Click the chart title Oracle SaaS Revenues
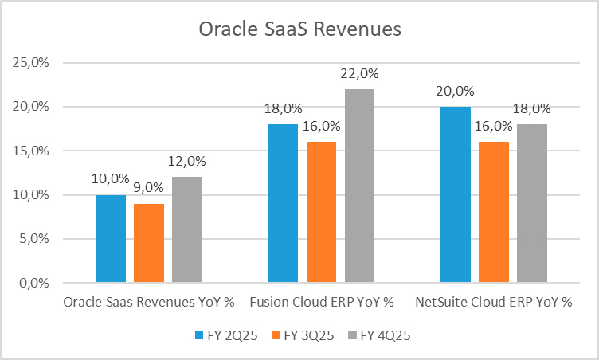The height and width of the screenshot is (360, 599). pos(299,30)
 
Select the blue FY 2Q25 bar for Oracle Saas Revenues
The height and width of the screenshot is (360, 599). pos(111,238)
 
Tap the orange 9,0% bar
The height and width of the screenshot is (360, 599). pos(149,243)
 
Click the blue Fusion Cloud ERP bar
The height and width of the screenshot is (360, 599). pos(284,203)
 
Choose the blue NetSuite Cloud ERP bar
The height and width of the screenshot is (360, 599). pos(456,194)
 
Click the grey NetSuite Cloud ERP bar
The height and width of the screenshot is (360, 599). pos(531,203)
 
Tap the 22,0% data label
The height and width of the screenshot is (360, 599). pos(359,73)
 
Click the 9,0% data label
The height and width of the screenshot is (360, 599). pos(149,188)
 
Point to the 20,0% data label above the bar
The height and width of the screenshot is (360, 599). pos(456,91)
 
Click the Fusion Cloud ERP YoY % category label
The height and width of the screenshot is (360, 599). pos(322,303)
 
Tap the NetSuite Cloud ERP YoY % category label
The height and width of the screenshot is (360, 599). pos(494,303)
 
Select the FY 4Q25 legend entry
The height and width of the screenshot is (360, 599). pos(379,335)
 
